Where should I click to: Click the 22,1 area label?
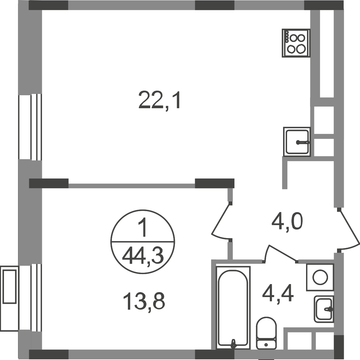160,100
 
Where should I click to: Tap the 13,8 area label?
144,302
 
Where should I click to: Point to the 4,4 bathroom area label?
278,295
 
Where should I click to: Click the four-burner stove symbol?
296,43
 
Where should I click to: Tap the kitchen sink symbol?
297,142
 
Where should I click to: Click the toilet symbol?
266,333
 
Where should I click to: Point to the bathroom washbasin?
324,309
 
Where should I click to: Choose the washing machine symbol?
320,277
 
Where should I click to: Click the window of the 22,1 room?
30,127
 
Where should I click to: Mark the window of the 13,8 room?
30,297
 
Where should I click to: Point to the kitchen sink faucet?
303,143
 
